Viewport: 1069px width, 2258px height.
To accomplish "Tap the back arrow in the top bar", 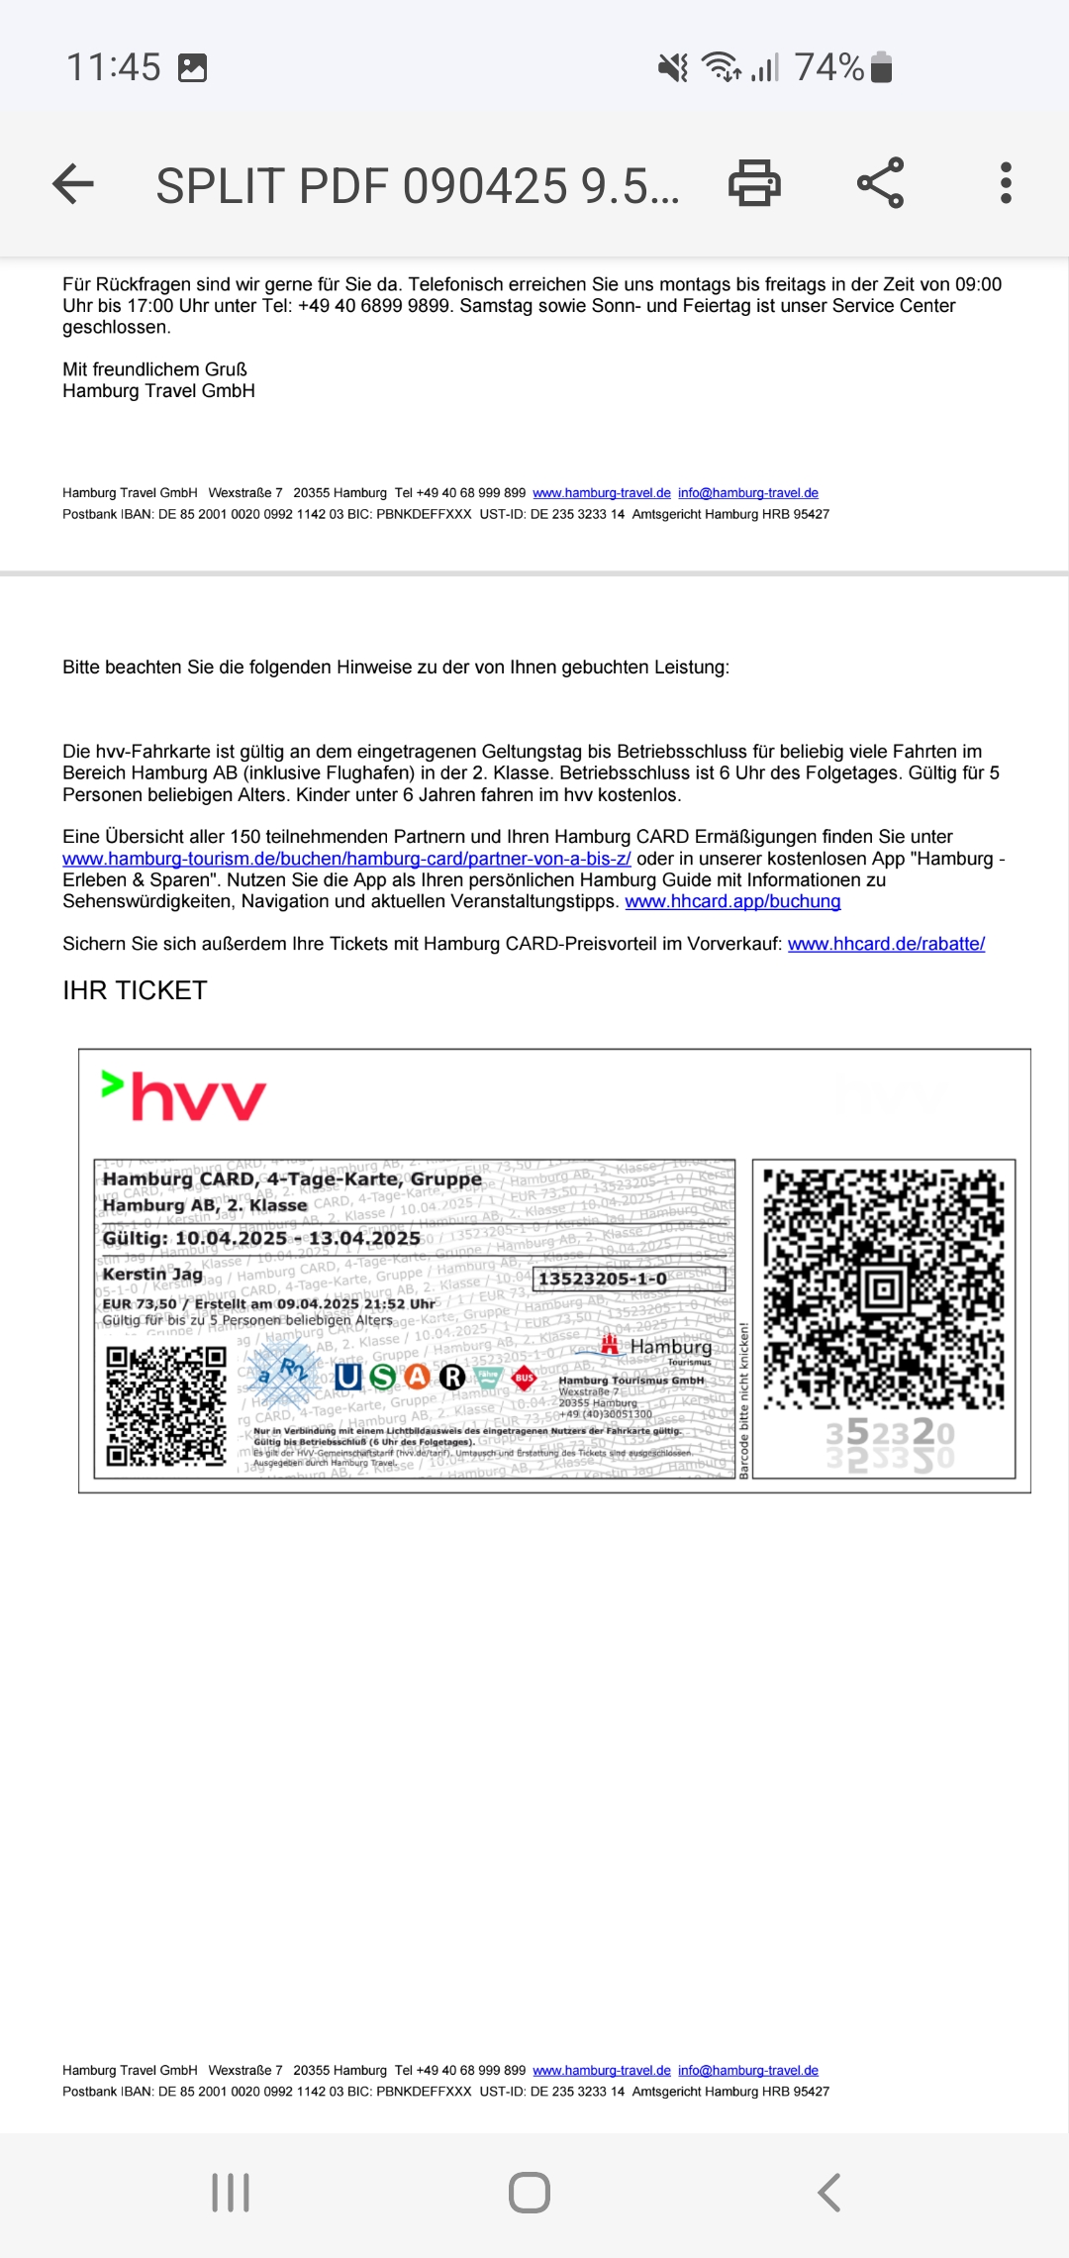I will pyautogui.click(x=73, y=184).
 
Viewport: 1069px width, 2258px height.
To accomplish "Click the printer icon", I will pyautogui.click(x=754, y=183).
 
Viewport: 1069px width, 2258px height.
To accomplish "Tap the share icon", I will pyautogui.click(x=880, y=183).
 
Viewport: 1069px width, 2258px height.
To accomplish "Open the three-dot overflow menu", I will pyautogui.click(x=1006, y=183).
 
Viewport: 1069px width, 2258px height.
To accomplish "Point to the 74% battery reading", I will pyautogui.click(x=829, y=67).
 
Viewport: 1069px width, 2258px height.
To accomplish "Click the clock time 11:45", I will pyautogui.click(x=113, y=67).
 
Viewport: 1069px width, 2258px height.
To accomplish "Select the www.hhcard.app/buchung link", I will pyautogui.click(x=732, y=901).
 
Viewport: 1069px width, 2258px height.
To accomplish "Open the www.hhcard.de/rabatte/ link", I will pyautogui.click(x=886, y=944).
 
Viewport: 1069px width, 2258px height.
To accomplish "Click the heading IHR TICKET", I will pyautogui.click(x=135, y=990).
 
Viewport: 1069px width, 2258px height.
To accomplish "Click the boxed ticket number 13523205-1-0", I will pyautogui.click(x=603, y=1279).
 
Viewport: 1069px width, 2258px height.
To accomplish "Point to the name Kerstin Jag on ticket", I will pyautogui.click(x=152, y=1274).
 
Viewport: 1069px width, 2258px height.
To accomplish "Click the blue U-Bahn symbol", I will pyautogui.click(x=347, y=1377).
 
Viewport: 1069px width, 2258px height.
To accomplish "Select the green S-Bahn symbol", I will pyautogui.click(x=382, y=1377).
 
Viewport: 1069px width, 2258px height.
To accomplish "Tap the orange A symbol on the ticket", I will pyautogui.click(x=418, y=1377).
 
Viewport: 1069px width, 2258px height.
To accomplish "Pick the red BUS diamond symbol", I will pyautogui.click(x=524, y=1377).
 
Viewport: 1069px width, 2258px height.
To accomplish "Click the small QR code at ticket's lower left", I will pyautogui.click(x=166, y=1406).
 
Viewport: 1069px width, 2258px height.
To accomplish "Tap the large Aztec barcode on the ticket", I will pyautogui.click(x=884, y=1288).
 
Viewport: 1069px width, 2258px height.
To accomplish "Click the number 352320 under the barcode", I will pyautogui.click(x=890, y=1433).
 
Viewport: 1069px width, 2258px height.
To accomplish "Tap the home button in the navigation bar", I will pyautogui.click(x=530, y=2193).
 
